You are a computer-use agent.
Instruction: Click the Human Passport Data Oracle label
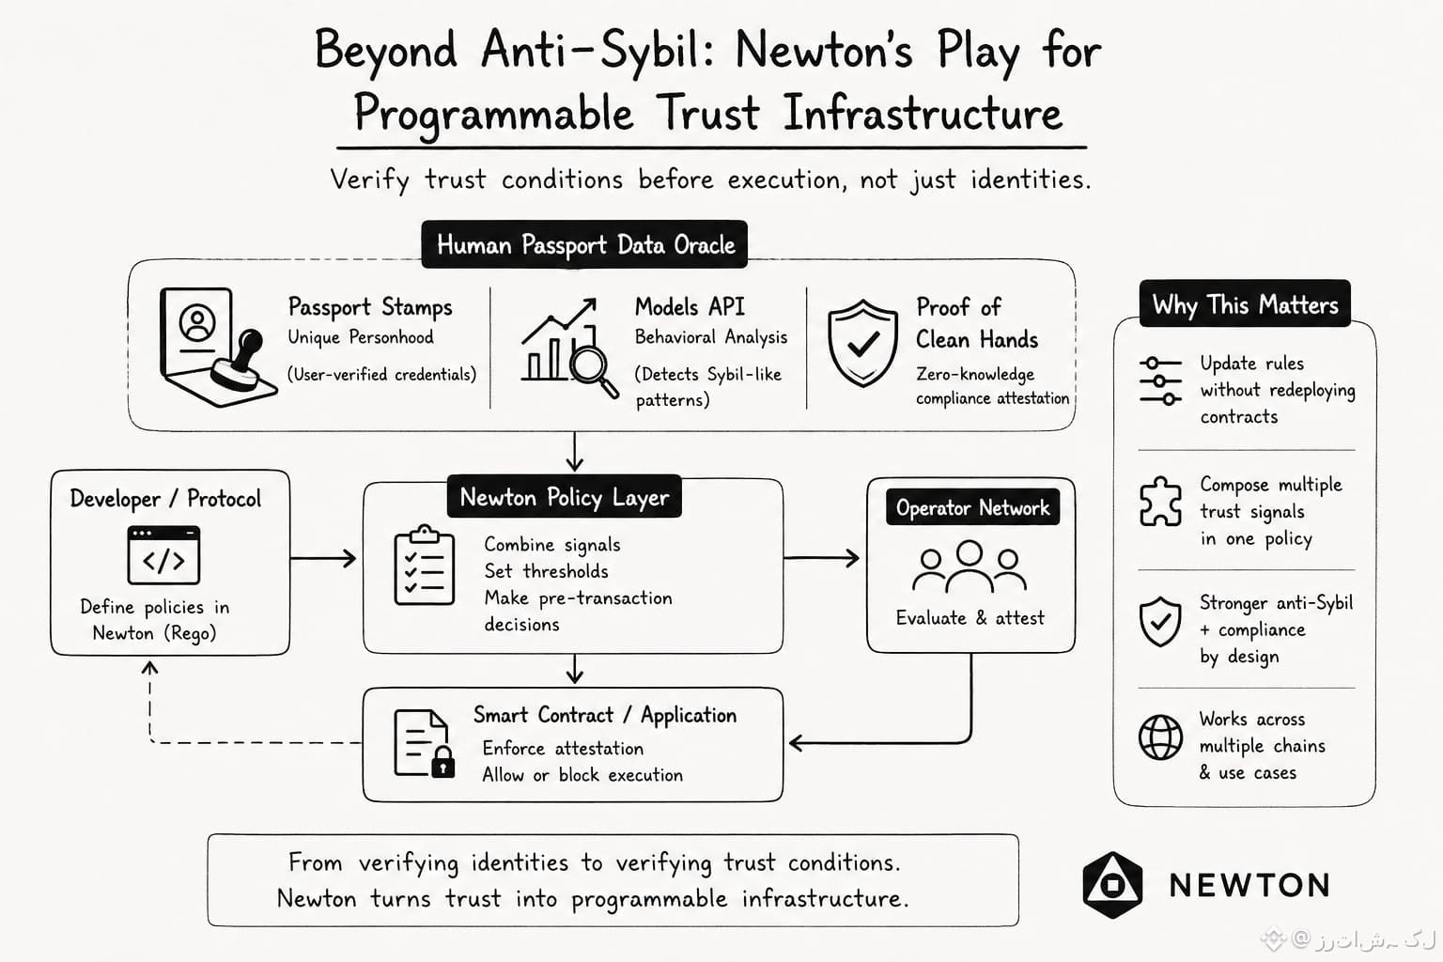(584, 245)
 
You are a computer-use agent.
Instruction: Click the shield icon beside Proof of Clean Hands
(862, 344)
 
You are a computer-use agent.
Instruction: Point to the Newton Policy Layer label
(565, 497)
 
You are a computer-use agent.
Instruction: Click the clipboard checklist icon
(424, 566)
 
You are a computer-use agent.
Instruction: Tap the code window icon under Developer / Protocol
(163, 555)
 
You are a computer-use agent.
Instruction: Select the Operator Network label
(972, 507)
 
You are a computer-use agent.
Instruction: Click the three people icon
(970, 567)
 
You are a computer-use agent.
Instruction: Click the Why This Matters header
(1245, 304)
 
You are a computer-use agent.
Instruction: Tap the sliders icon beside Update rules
(1160, 380)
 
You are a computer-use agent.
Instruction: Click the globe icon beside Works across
(1160, 737)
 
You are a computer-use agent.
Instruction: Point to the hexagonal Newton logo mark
(1112, 885)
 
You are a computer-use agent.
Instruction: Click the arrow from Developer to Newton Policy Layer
(323, 558)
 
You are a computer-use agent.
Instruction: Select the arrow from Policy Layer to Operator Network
(821, 557)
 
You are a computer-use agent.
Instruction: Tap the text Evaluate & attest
(970, 618)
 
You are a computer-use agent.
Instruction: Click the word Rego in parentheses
(190, 633)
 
